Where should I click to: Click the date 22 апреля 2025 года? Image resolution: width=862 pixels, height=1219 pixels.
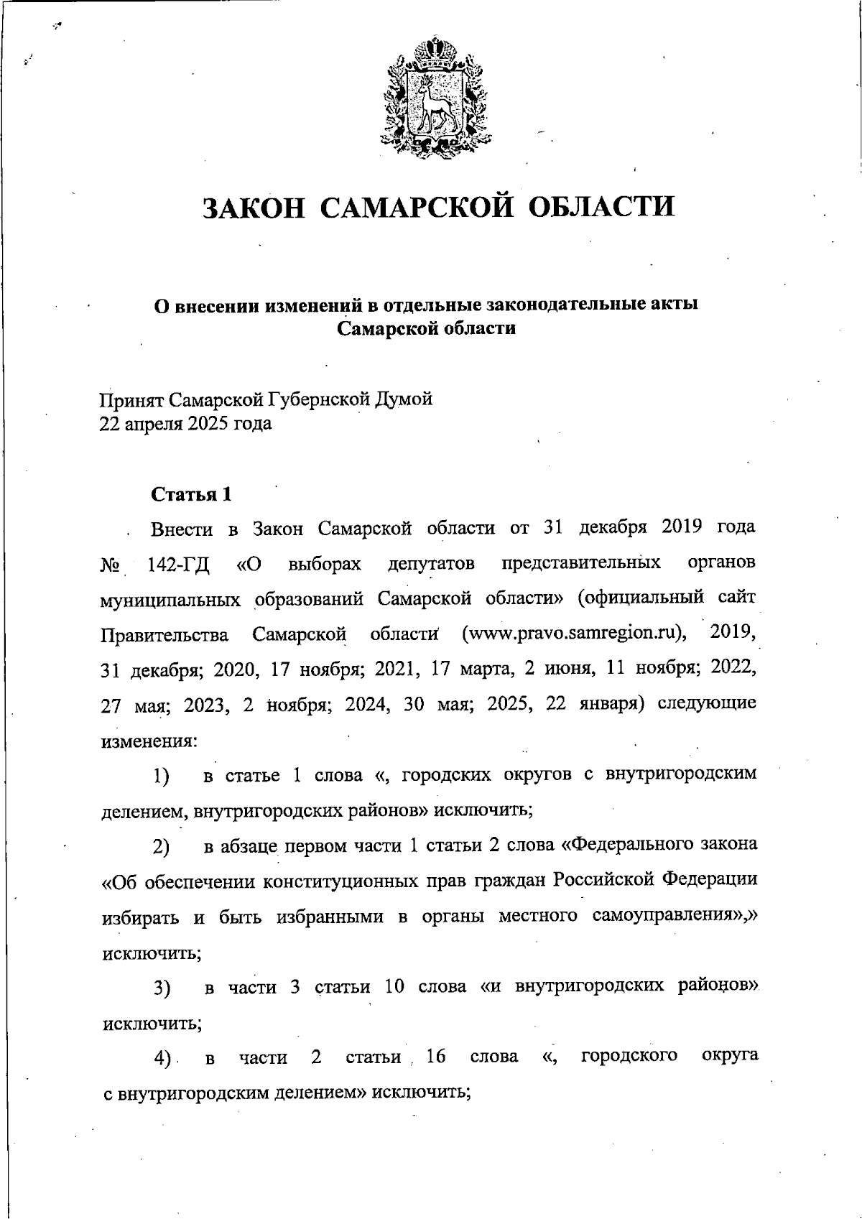coord(185,424)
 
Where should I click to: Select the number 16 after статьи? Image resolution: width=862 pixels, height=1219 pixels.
coord(435,1057)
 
